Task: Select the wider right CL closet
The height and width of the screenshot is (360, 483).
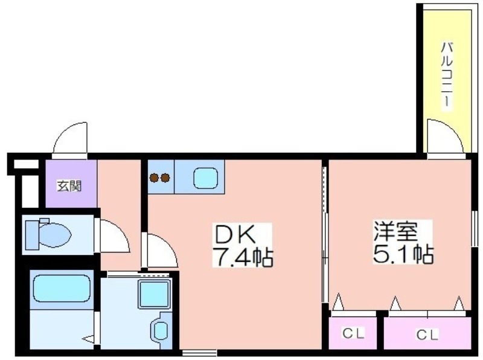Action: click(x=427, y=333)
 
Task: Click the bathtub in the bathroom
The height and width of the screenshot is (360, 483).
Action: click(x=61, y=289)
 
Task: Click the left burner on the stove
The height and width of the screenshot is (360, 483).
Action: click(x=154, y=178)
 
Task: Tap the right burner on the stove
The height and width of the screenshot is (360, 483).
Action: click(x=165, y=178)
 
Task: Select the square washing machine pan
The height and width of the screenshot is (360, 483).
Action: click(x=154, y=295)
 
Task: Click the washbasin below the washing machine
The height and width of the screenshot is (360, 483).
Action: click(x=161, y=330)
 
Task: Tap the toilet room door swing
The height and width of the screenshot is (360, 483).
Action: click(x=114, y=237)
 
